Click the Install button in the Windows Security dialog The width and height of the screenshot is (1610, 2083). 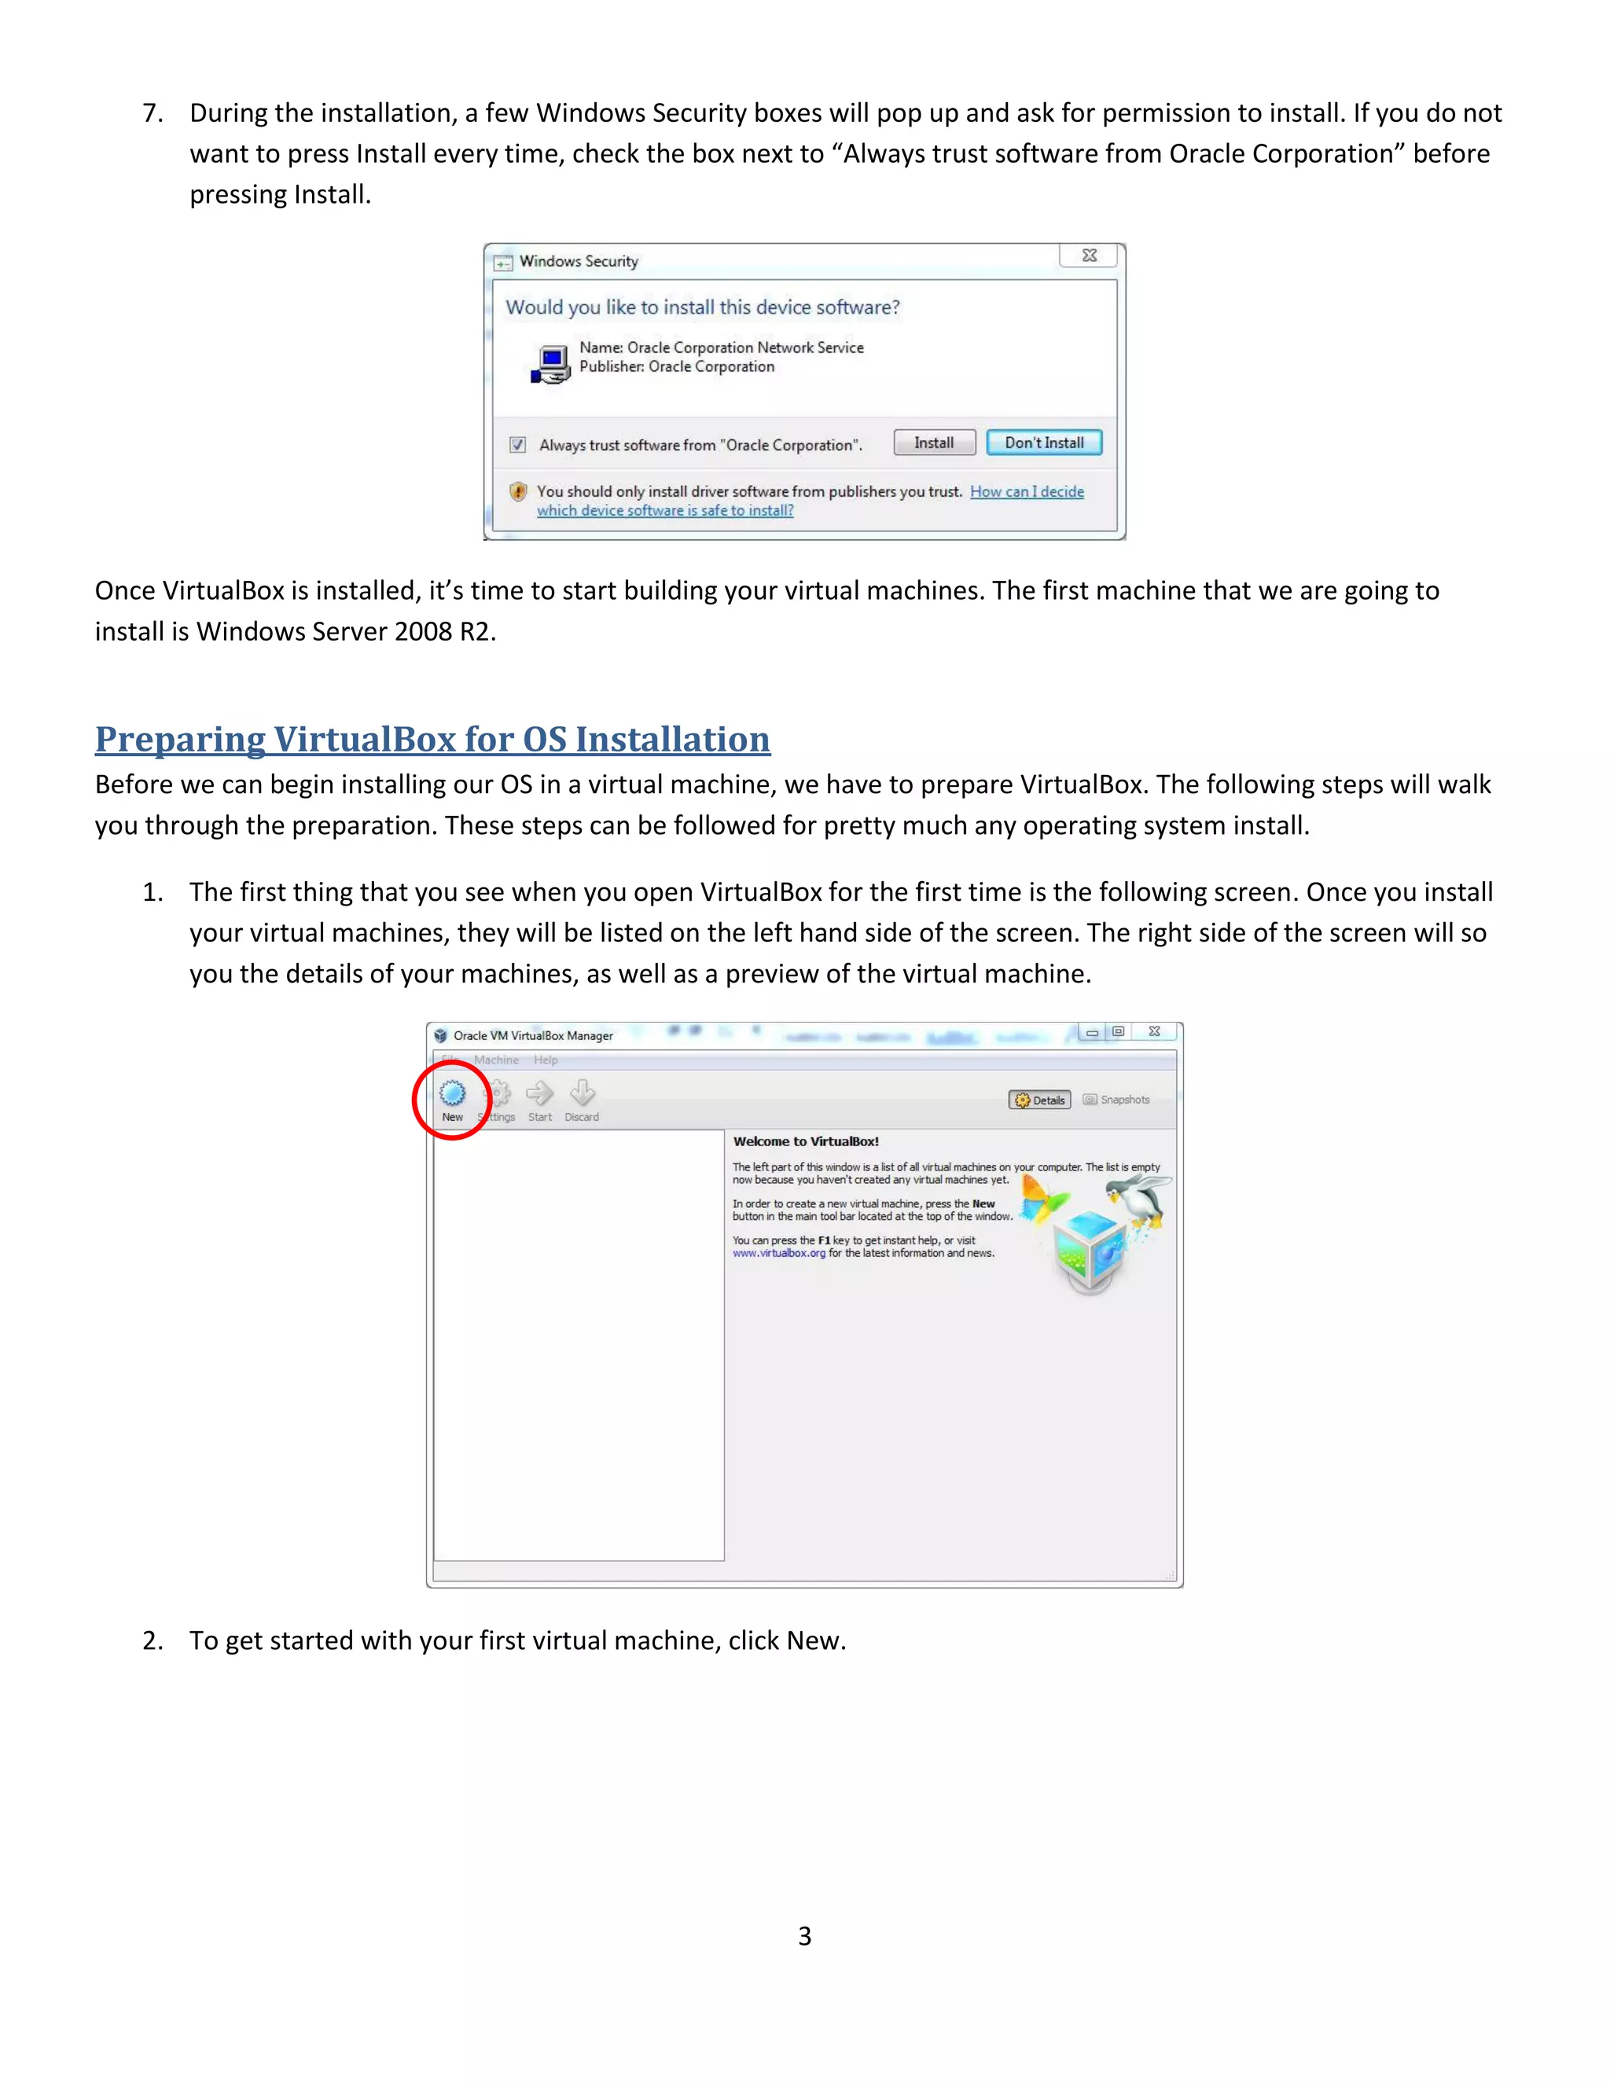point(934,443)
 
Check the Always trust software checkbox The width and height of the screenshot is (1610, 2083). point(518,444)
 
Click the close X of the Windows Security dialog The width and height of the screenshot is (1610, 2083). point(1090,255)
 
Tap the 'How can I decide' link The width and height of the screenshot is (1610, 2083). point(1026,491)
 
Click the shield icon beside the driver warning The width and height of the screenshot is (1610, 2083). point(518,491)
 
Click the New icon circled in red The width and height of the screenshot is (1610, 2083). point(452,1095)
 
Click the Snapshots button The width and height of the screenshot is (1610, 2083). point(1117,1100)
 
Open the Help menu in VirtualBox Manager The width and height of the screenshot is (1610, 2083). point(546,1060)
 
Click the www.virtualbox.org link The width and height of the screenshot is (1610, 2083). point(778,1253)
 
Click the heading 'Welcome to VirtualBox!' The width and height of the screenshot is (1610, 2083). point(806,1141)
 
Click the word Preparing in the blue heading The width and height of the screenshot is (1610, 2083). point(180,739)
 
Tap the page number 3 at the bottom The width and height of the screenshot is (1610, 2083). point(804,1935)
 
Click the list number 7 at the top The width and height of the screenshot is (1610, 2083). point(152,113)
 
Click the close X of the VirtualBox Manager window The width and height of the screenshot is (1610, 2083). point(1154,1032)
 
